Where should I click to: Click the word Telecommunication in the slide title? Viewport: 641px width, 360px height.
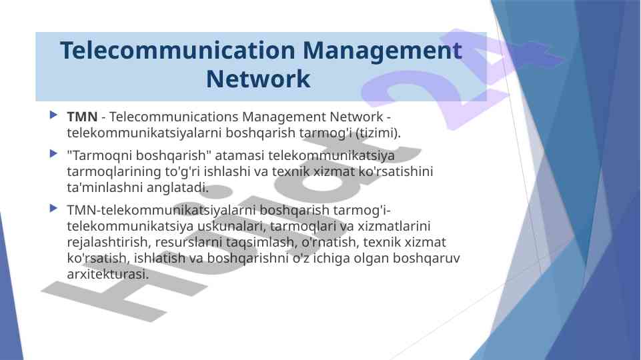177,51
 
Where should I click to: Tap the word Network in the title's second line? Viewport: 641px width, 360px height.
258,79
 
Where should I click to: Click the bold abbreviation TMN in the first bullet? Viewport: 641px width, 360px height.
82,117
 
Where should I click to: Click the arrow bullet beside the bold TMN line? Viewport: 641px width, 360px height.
53,115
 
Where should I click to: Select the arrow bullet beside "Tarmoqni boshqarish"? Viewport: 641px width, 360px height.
53,153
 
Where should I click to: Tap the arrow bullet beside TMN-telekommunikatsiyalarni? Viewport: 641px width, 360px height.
53,209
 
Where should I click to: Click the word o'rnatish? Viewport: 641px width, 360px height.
330,242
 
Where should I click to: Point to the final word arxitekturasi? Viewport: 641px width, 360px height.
107,274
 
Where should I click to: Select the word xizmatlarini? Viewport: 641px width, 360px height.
394,226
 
